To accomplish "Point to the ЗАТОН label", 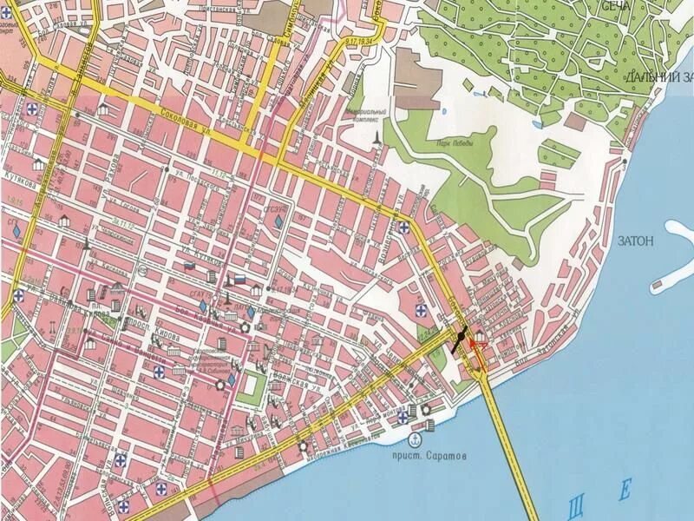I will click(x=635, y=241).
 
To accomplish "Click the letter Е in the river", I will click(x=625, y=491).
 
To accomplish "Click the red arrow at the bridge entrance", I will click(x=476, y=346).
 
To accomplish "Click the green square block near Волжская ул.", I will click(x=252, y=385).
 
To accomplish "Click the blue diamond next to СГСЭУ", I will click(x=278, y=222).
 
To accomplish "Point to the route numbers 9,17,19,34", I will click(x=363, y=41).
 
